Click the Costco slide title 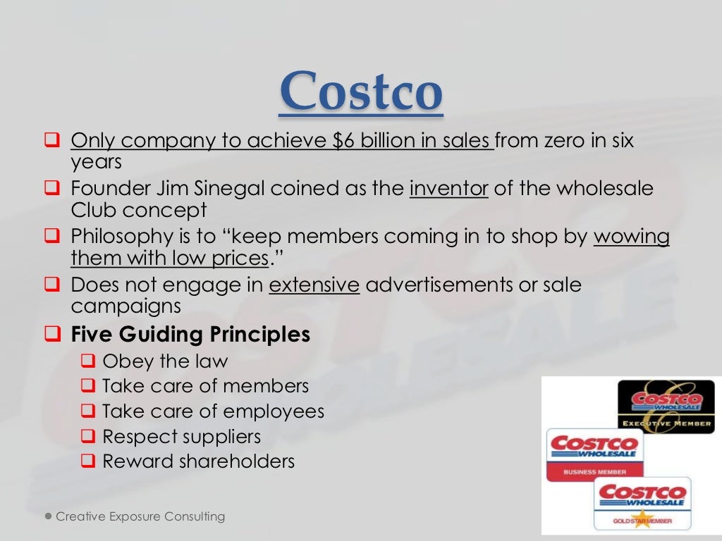pos(361,92)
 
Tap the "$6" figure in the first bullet pos(344,141)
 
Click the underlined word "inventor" pos(449,189)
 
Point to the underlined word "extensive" pos(314,285)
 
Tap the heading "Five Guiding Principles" pos(190,334)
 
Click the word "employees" pos(281,411)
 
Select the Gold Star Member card pos(642,504)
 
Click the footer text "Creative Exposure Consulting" pos(140,517)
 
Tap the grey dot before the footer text pos(47,516)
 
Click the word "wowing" pos(631,237)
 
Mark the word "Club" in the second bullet pos(94,210)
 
